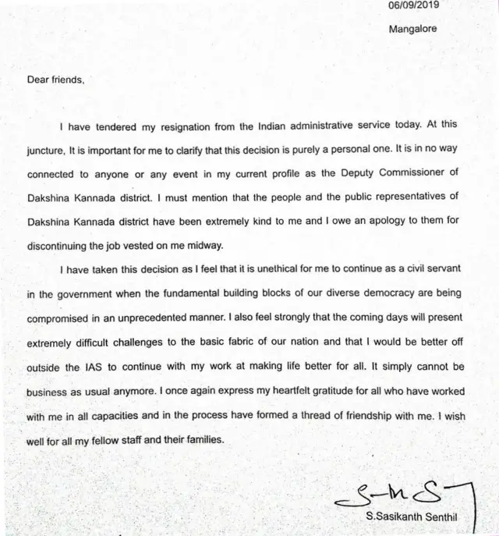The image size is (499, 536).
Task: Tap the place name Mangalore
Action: (x=413, y=29)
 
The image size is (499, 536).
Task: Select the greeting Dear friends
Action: (x=55, y=79)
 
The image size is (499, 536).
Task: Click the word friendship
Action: (x=348, y=416)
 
